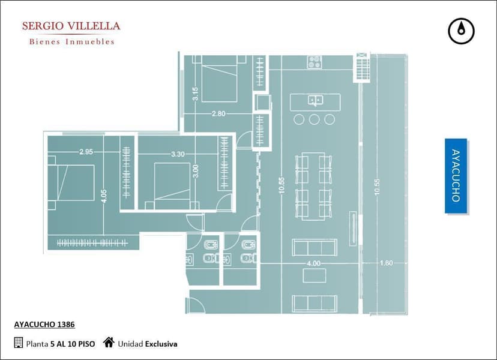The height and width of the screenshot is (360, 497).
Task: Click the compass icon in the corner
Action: (x=461, y=31)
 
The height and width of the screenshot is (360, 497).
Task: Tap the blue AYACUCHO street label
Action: (x=456, y=176)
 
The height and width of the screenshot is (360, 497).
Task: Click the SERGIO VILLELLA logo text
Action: (x=71, y=26)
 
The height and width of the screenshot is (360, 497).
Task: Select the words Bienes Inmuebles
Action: (x=71, y=41)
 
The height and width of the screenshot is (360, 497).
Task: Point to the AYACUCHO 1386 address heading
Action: (x=44, y=325)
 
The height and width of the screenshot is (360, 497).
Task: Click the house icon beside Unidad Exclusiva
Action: (x=109, y=342)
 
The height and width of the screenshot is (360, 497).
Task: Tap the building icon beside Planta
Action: (x=19, y=343)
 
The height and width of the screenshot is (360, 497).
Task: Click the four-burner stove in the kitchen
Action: (x=315, y=62)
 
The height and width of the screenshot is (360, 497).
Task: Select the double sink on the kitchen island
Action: (x=315, y=100)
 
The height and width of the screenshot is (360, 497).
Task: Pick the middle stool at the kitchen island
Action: (x=314, y=119)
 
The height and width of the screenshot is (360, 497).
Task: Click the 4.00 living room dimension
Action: (x=313, y=263)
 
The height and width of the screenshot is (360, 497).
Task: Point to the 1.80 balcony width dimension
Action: (x=386, y=263)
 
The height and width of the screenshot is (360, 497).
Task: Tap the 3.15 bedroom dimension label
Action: (x=195, y=94)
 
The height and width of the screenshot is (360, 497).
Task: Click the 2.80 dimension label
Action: (x=218, y=113)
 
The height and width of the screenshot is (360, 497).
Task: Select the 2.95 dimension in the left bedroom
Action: (x=86, y=152)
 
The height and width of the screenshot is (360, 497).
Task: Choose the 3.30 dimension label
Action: (x=178, y=154)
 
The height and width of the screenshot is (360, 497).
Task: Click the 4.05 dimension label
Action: (x=104, y=196)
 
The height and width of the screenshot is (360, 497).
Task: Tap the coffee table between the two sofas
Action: (x=315, y=275)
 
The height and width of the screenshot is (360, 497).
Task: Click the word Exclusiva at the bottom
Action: (x=161, y=344)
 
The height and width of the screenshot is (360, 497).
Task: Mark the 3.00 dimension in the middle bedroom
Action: (x=196, y=171)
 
